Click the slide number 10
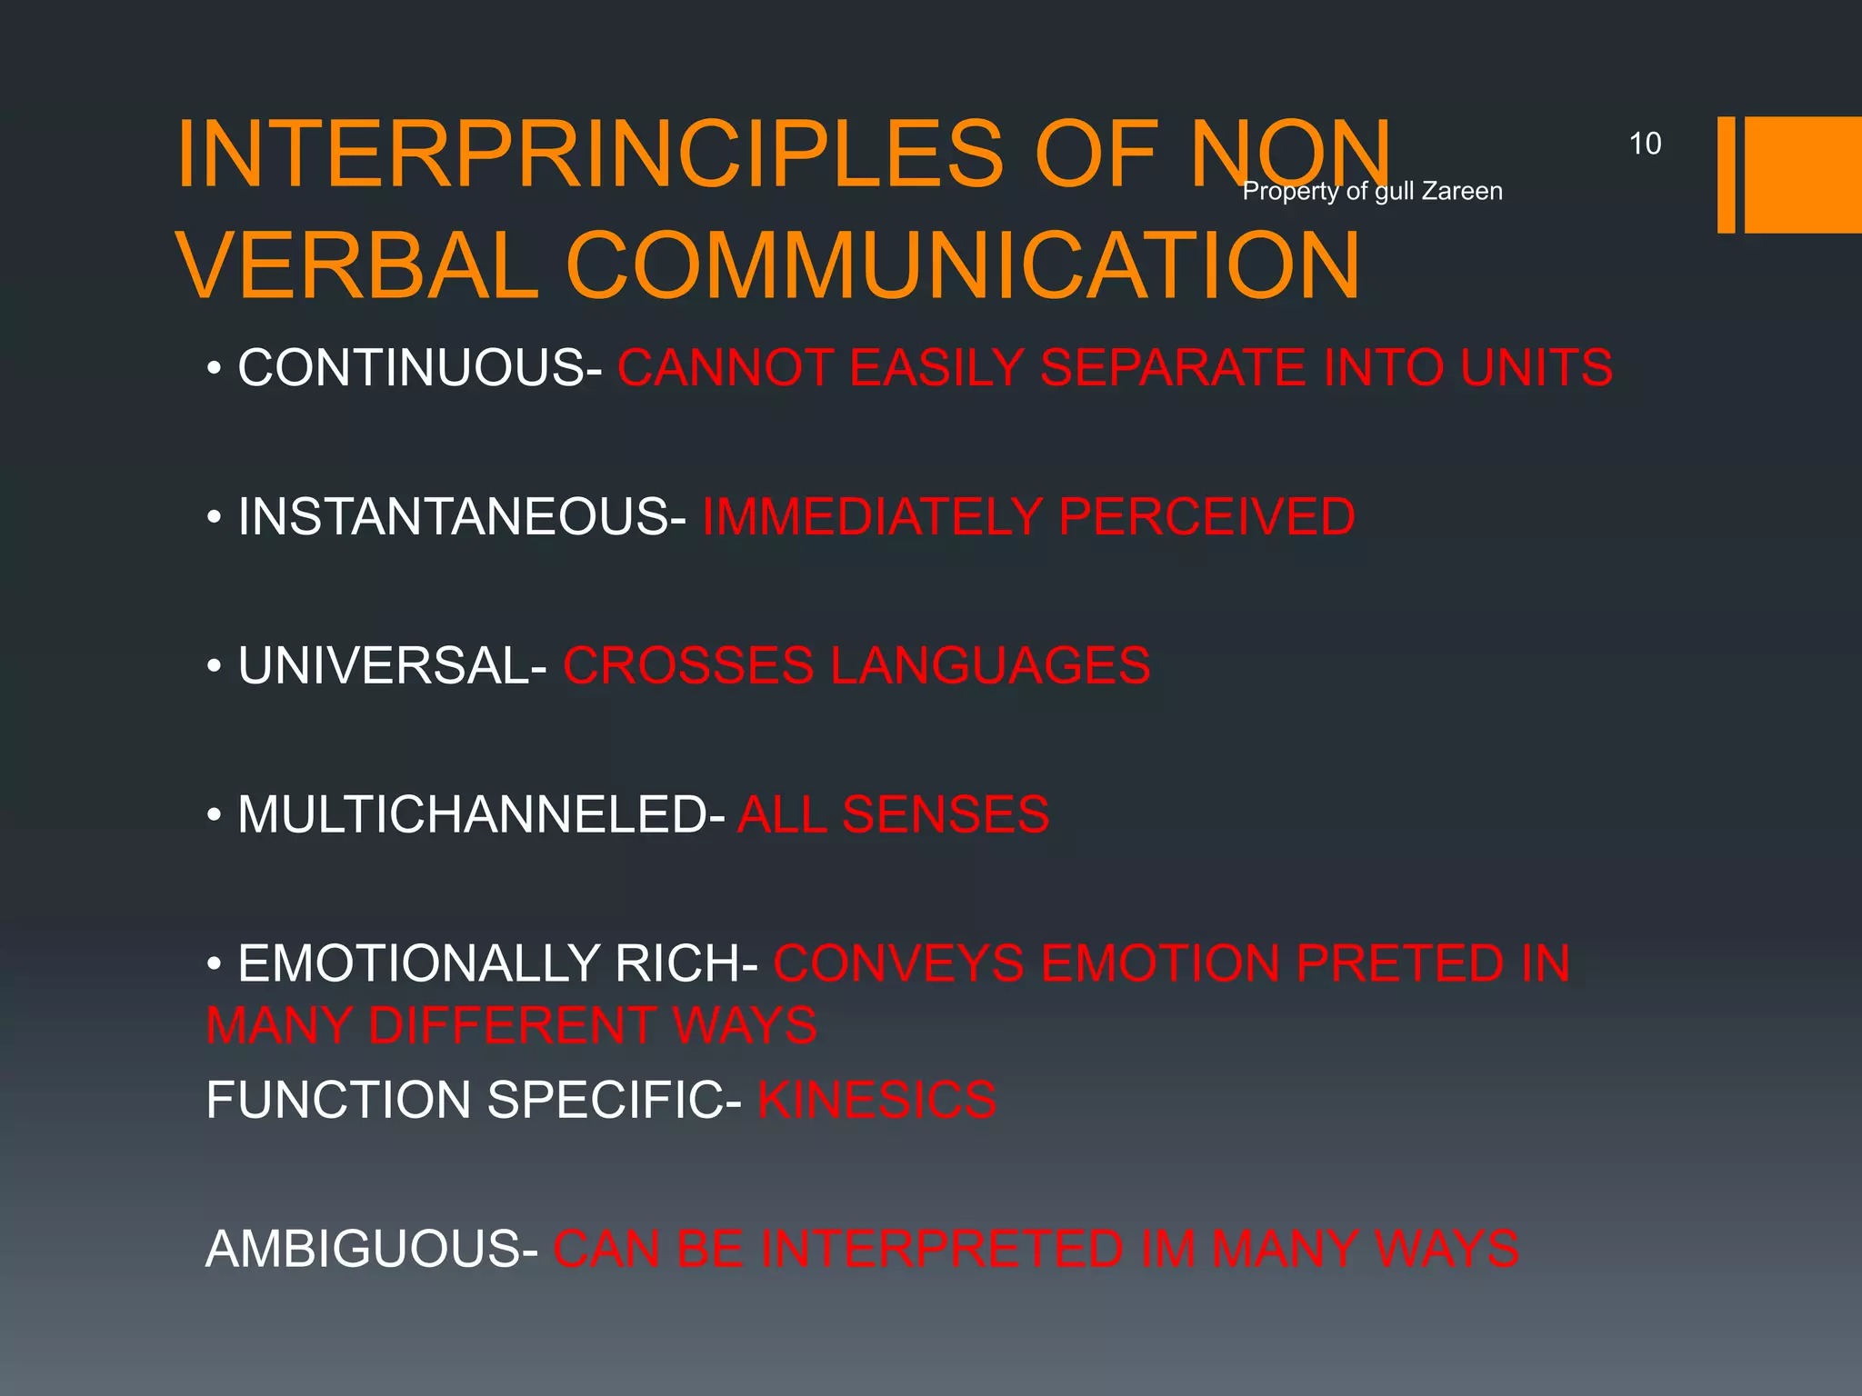pos(1645,144)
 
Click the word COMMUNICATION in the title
pos(963,265)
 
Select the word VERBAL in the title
pos(357,265)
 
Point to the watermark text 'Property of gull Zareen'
pos(1372,191)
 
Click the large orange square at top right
pos(1803,174)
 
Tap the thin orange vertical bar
pos(1726,174)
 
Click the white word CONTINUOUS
pos(411,368)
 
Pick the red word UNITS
pos(1537,368)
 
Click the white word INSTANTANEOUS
pos(453,517)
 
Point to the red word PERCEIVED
pos(1206,517)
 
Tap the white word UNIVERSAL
pos(383,665)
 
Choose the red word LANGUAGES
pos(990,665)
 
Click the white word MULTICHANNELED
pos(472,814)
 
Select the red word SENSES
pos(946,814)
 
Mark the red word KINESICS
pos(876,1100)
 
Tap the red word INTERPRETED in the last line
pos(941,1249)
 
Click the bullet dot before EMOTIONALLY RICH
pos(214,963)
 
